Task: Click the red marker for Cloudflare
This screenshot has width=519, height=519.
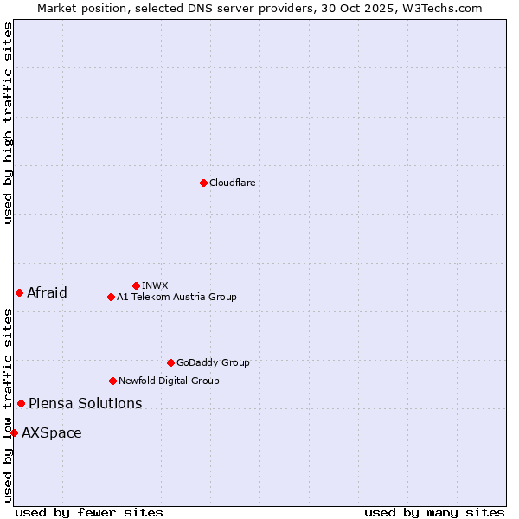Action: [x=203, y=183]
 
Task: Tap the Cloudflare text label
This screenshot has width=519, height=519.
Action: [x=232, y=183]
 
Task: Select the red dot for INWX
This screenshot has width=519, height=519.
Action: [x=136, y=285]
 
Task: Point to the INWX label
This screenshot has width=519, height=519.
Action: [x=155, y=285]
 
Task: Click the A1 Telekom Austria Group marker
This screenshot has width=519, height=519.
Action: [x=111, y=297]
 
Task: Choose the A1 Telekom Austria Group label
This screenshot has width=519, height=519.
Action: [x=176, y=297]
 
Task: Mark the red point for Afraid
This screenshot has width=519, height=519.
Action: [x=19, y=292]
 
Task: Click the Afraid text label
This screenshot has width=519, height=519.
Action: [x=47, y=292]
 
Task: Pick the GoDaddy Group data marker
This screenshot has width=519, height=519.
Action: [x=170, y=362]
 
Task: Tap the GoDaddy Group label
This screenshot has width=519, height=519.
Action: [x=213, y=362]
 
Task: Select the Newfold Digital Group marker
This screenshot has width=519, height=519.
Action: [x=112, y=381]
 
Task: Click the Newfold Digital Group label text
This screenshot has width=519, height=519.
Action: [x=169, y=381]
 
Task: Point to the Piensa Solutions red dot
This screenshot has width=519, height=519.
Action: [x=21, y=403]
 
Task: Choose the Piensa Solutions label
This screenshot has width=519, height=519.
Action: [x=85, y=403]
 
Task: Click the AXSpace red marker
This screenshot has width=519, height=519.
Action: [x=14, y=432]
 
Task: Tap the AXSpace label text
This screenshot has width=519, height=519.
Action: [x=52, y=432]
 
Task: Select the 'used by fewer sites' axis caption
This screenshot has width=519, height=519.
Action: [x=89, y=512]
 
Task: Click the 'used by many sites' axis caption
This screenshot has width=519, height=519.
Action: [x=434, y=512]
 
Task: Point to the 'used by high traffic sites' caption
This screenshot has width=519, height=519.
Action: [x=8, y=123]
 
